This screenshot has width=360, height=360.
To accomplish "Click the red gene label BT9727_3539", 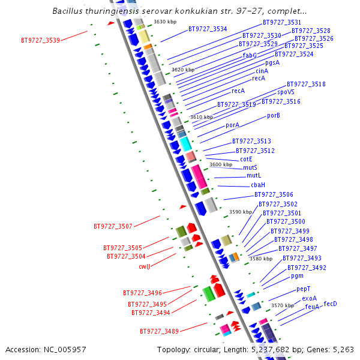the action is click(x=40, y=41).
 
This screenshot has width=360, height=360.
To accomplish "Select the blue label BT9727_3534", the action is click(x=208, y=29).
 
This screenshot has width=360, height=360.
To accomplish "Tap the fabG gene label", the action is click(x=250, y=55).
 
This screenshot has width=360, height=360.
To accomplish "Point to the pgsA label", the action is click(x=272, y=62).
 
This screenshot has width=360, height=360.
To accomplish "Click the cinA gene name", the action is click(x=262, y=71).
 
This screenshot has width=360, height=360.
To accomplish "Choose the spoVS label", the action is click(x=286, y=92).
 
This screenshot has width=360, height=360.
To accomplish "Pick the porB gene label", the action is click(x=274, y=115).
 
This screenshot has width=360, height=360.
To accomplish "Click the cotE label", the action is click(x=246, y=159).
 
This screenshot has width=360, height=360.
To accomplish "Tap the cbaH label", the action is click(x=258, y=185).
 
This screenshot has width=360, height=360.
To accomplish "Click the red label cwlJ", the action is click(x=144, y=266).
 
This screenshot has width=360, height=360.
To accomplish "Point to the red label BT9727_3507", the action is click(x=113, y=227).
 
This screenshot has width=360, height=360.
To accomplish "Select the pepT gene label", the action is click(x=304, y=289).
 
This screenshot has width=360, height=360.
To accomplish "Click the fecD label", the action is click(x=331, y=304).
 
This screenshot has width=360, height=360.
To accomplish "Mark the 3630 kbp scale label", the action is click(x=165, y=22).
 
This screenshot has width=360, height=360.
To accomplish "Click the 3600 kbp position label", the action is click(x=221, y=164).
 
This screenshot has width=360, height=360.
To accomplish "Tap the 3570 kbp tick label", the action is click(x=283, y=305).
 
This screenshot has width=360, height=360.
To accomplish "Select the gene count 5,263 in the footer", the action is click(x=341, y=349).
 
